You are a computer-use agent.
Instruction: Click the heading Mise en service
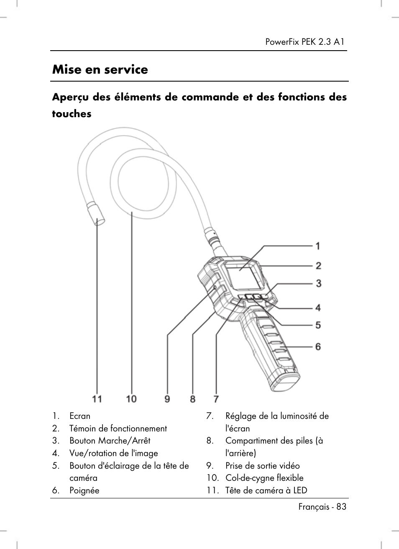point(100,69)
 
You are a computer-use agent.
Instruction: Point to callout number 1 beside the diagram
point(318,246)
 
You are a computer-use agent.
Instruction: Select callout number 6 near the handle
point(318,346)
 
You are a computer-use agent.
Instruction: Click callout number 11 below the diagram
point(97,399)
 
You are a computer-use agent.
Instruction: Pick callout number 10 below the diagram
point(131,399)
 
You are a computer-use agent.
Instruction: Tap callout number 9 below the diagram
point(167,399)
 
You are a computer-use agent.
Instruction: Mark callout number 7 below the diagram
point(216,399)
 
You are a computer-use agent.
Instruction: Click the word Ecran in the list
point(80,416)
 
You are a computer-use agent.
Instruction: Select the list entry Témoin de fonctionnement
point(118,428)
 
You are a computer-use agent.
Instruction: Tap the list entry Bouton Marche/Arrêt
point(110,441)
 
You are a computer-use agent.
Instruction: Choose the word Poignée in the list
point(84,490)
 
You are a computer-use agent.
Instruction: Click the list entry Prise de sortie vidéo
point(262,466)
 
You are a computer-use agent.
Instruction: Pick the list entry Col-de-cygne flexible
point(264,478)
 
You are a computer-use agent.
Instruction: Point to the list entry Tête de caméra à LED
point(266,490)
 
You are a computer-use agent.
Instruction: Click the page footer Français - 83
point(322,507)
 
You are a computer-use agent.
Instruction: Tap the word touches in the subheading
point(72,114)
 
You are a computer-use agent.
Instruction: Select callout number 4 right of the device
point(318,308)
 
